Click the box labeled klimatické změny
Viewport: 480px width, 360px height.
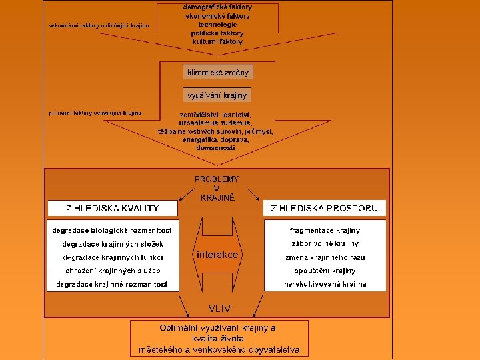218,72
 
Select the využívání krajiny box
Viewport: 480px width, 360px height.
217,95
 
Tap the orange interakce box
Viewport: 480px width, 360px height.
217,255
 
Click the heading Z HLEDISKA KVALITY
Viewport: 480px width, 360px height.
112,208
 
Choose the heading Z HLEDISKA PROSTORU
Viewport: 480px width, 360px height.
324,208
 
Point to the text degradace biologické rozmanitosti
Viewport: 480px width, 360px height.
113,230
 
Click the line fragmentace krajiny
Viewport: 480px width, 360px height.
325,230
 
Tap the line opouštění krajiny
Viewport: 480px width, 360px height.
325,271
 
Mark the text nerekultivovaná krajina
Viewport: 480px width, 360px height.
325,284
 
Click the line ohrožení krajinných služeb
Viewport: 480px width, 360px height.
111,271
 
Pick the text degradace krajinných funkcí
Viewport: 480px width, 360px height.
113,257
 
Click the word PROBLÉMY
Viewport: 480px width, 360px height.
217,179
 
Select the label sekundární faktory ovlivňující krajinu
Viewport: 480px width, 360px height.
99,26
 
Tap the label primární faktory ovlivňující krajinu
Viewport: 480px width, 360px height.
95,113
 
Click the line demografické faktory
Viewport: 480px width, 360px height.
217,7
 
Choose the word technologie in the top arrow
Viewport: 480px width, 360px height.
217,24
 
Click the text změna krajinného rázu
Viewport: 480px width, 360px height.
325,257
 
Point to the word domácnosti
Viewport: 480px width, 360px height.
215,147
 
